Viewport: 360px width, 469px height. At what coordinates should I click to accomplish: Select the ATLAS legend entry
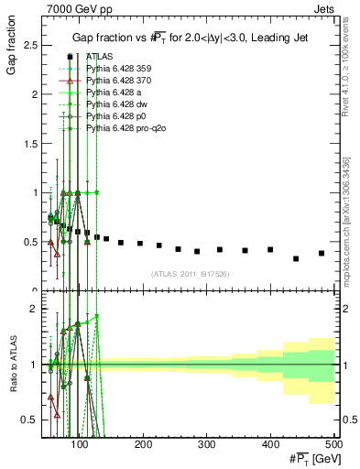coord(99,57)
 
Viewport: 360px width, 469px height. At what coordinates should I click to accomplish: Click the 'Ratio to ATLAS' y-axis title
coord(12,366)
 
